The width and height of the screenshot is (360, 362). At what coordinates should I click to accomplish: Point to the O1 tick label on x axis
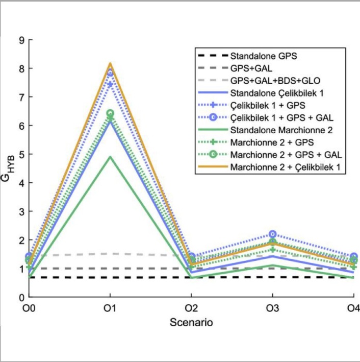110,309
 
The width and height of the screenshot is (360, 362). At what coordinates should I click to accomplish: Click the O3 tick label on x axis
272,309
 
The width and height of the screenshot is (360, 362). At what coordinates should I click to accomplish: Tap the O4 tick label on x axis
353,309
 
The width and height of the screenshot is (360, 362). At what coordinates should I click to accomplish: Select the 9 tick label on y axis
21,40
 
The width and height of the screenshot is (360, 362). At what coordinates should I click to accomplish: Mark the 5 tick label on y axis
21,154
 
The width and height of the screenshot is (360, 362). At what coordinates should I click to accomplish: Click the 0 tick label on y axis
21,297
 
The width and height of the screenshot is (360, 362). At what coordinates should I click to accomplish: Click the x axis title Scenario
191,323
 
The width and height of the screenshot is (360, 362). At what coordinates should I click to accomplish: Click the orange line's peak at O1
110,63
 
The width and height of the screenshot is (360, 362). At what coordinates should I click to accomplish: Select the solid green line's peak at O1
110,157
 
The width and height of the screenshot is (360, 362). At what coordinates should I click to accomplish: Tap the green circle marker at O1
110,113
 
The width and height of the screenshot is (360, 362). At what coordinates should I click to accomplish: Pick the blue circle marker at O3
272,234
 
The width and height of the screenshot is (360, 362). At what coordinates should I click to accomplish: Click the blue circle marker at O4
353,256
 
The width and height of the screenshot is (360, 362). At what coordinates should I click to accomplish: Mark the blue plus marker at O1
110,84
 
